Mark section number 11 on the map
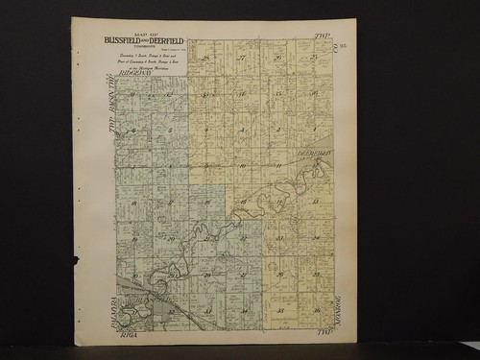point(276,165)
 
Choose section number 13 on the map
point(314,202)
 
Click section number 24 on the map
point(314,238)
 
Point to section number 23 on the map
point(278,238)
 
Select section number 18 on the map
point(134,202)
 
